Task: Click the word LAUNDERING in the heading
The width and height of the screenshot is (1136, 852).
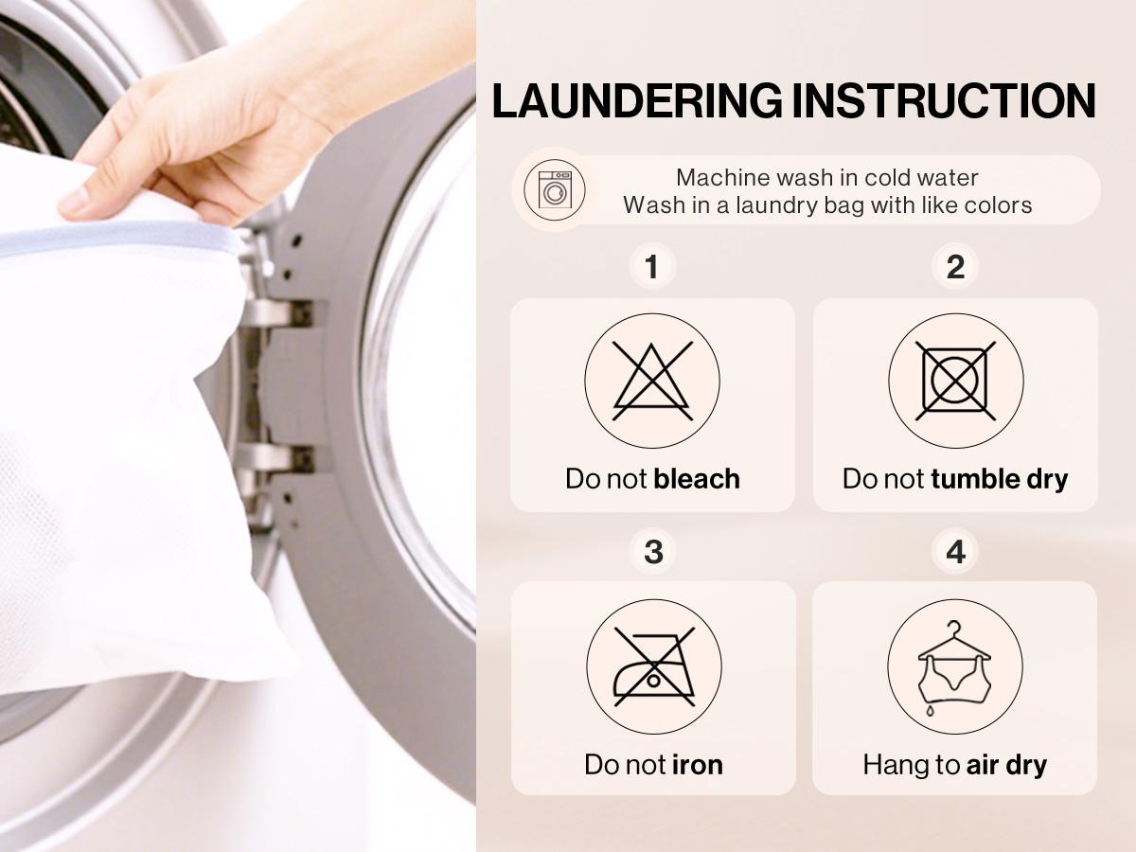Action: [x=637, y=101]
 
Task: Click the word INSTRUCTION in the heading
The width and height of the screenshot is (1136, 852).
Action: [x=944, y=101]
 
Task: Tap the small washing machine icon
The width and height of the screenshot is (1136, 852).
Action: [x=555, y=190]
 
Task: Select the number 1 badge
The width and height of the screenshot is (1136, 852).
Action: [x=652, y=267]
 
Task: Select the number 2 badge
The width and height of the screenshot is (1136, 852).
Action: [x=955, y=267]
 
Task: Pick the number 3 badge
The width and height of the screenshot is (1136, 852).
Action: [x=653, y=552]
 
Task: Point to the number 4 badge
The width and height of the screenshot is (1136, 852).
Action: [x=955, y=552]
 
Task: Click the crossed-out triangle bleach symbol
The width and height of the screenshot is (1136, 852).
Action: [x=652, y=381]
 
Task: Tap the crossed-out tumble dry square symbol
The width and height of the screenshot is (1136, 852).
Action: [x=955, y=381]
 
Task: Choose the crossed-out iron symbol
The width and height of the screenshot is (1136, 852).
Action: [x=653, y=666]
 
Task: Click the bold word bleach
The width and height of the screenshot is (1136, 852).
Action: [x=697, y=478]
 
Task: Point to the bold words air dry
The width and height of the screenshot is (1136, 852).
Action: [x=1006, y=765]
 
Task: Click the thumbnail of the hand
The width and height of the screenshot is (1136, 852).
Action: [x=74, y=202]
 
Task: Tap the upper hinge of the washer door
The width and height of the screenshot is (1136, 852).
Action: [x=278, y=313]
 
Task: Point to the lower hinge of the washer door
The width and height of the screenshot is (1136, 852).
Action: [x=278, y=458]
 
